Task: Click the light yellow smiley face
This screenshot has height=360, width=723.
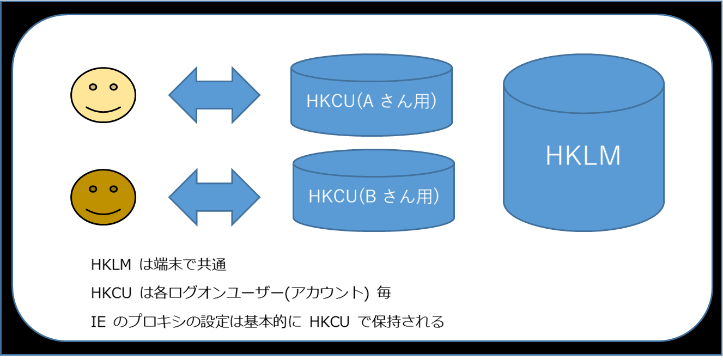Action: pos(103,96)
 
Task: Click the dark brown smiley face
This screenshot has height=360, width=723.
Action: pos(103,197)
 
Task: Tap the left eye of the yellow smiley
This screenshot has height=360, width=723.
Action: pos(93,87)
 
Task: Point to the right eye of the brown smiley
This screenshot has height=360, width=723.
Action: pos(113,189)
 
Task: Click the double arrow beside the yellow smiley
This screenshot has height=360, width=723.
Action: pos(214,95)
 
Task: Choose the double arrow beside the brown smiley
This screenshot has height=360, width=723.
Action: pos(214,197)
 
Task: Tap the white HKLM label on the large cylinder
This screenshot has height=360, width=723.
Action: pos(583,156)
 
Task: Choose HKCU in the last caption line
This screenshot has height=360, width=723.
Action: pos(329,322)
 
